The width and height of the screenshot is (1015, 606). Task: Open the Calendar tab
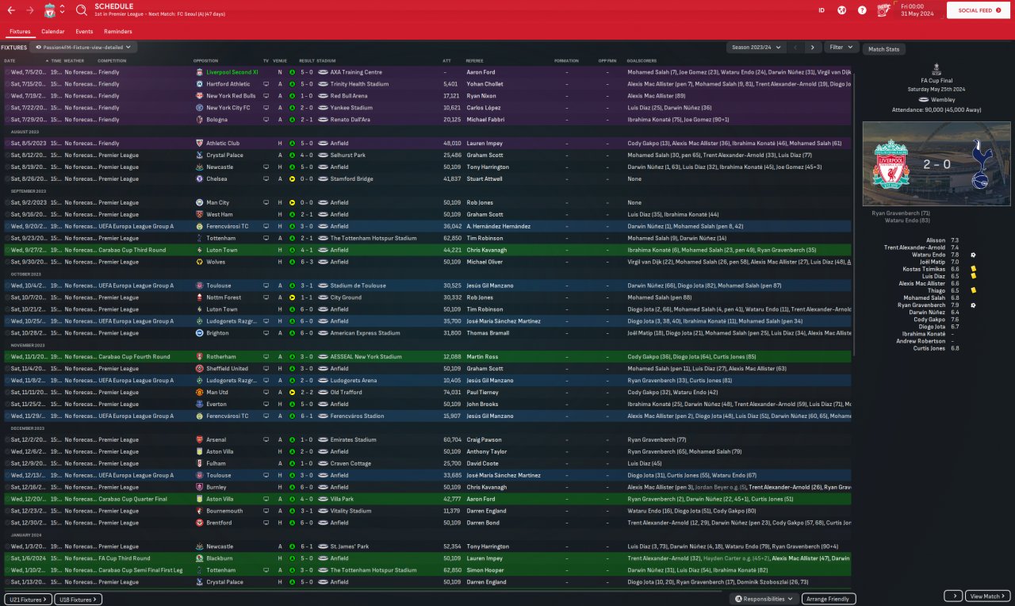click(x=53, y=32)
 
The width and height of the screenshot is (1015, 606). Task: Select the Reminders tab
click(x=117, y=32)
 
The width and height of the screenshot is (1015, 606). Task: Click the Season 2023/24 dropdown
click(x=757, y=48)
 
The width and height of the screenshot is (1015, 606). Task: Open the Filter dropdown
click(x=841, y=48)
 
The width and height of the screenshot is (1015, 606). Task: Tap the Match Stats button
click(x=883, y=49)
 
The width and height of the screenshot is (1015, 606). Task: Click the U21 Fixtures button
click(x=29, y=600)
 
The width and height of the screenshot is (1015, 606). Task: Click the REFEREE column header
click(x=474, y=61)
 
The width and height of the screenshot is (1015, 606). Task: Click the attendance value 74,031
click(x=451, y=393)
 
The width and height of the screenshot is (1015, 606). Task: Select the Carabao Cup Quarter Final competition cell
click(x=133, y=499)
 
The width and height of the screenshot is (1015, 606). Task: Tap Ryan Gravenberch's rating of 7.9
click(x=954, y=305)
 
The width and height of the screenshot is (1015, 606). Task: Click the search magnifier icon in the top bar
click(x=82, y=10)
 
